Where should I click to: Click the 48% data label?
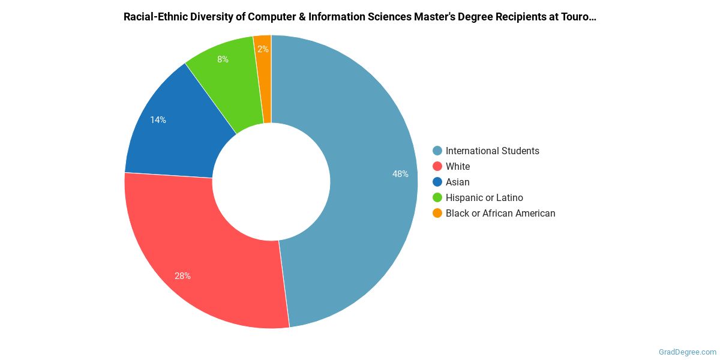[x=400, y=174]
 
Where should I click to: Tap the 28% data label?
[x=182, y=276]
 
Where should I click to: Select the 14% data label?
[x=158, y=120]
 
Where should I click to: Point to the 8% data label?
[x=223, y=59]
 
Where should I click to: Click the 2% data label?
[x=263, y=49]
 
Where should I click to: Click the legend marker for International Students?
[x=437, y=151]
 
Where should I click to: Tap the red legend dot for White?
[x=437, y=166]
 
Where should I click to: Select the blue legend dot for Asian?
[x=437, y=182]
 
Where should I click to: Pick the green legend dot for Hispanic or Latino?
[x=437, y=197]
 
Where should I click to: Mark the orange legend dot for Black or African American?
[x=437, y=213]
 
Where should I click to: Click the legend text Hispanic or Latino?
[x=484, y=197]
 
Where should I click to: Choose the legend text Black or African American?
[x=500, y=213]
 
